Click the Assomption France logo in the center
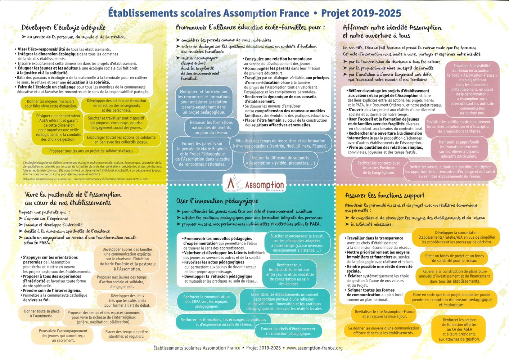[x=254, y=184]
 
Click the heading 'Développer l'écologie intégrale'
[x=63, y=28]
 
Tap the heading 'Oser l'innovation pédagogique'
[x=217, y=201]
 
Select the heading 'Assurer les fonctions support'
[x=384, y=195]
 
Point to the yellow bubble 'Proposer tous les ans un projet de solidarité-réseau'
[x=91, y=151]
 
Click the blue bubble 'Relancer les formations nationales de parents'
[x=211, y=127]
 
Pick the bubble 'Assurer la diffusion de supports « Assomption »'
[x=280, y=160]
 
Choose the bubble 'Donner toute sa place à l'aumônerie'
[x=42, y=314]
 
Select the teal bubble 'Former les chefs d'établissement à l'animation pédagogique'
[x=288, y=331]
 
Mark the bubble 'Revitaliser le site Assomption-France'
[x=384, y=314]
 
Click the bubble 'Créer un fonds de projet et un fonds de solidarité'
[x=454, y=258]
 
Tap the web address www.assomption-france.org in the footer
[x=314, y=348]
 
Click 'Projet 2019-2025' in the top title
[x=361, y=13]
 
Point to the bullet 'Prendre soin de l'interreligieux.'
[x=52, y=291]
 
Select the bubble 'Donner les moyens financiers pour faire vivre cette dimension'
[x=50, y=104]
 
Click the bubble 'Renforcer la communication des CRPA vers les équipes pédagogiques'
[x=206, y=302]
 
